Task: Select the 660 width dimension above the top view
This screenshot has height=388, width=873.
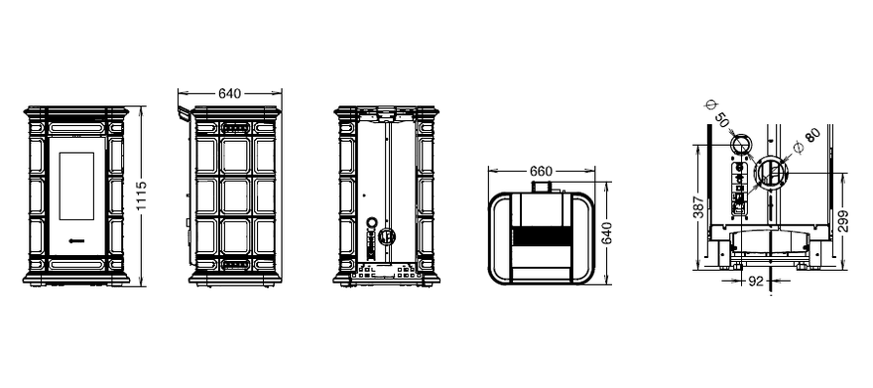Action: (541, 172)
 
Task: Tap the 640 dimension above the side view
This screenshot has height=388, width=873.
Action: (229, 94)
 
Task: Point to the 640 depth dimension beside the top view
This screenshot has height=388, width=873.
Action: (606, 232)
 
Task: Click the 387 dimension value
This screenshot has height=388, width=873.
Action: (698, 207)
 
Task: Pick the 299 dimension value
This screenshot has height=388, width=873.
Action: (842, 221)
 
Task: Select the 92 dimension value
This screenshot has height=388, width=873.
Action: (755, 282)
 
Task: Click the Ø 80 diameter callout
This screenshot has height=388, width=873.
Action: (807, 141)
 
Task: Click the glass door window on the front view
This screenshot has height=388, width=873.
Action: (76, 186)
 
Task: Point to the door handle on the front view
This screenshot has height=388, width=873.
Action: (76, 240)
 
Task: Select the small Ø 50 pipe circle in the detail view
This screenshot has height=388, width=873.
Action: (741, 144)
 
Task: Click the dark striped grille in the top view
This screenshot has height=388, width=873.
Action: (541, 236)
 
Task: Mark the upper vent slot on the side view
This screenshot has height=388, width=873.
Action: (235, 128)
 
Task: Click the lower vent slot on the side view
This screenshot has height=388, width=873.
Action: (235, 264)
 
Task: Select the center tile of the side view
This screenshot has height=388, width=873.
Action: (235, 195)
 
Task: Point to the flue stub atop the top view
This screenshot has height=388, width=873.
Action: (542, 189)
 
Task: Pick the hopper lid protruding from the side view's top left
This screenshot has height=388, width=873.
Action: (185, 113)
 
